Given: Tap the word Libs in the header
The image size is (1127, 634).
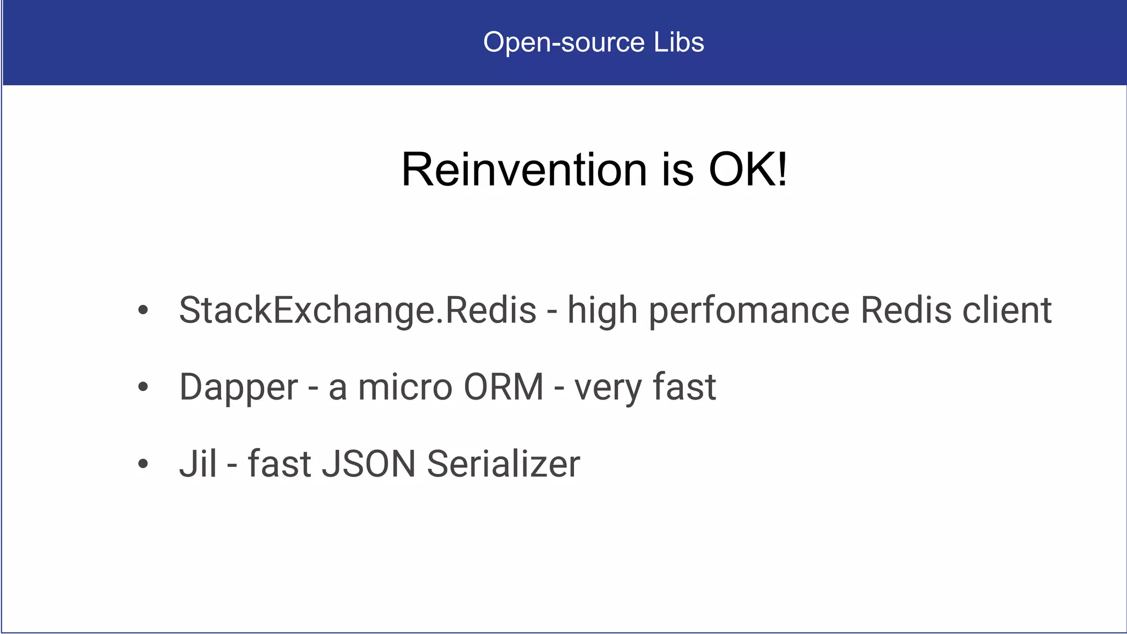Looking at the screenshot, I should click(x=679, y=42).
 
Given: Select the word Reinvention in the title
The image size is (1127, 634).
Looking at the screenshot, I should click(x=524, y=170).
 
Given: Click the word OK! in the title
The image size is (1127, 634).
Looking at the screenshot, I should click(x=748, y=170).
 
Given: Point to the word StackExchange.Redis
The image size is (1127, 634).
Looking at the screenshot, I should click(x=358, y=310).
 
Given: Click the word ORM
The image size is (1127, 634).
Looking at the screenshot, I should click(x=504, y=387).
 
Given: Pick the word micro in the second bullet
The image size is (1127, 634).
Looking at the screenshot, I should click(x=405, y=387).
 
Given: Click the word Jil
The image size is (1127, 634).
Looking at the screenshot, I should click(x=198, y=464).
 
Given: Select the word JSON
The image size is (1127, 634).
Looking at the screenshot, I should click(x=368, y=464).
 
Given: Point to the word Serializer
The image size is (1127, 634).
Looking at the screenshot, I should click(x=503, y=464).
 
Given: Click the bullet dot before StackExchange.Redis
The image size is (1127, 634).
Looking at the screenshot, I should click(x=143, y=310).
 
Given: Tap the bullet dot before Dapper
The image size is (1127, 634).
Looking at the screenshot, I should click(x=143, y=387).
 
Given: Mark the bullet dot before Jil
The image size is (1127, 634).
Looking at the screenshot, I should click(x=143, y=464).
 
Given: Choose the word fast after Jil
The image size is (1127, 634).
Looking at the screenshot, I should click(x=280, y=464).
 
